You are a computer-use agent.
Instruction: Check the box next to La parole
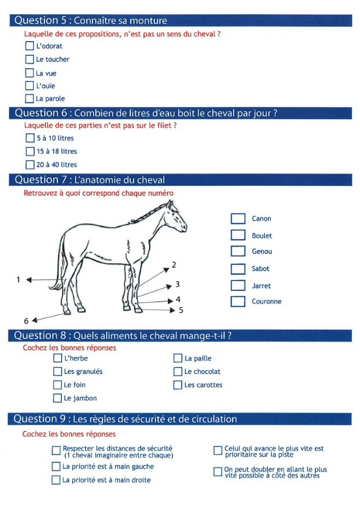click(x=30, y=98)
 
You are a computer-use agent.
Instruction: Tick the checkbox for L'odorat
click(x=30, y=46)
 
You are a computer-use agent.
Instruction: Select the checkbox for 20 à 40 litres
click(x=30, y=165)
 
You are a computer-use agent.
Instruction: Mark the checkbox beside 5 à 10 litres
click(x=30, y=138)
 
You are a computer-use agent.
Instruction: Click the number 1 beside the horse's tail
click(x=18, y=279)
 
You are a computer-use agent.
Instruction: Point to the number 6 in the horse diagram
click(x=26, y=321)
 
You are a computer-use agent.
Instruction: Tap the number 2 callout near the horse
click(x=174, y=265)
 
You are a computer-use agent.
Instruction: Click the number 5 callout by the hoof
click(x=181, y=310)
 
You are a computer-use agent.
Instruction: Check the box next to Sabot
click(x=238, y=268)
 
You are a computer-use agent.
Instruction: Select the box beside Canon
click(x=238, y=219)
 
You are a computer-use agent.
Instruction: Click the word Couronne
click(x=266, y=301)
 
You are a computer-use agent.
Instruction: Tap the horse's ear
click(x=171, y=204)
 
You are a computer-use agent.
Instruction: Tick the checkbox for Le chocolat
click(x=177, y=372)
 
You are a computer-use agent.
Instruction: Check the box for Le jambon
click(x=57, y=398)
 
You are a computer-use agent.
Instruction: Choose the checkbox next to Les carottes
click(x=177, y=385)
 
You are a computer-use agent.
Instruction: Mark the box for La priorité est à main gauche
click(x=56, y=466)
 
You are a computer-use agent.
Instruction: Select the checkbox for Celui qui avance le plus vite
click(x=218, y=451)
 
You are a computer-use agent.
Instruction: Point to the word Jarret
click(x=261, y=286)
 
